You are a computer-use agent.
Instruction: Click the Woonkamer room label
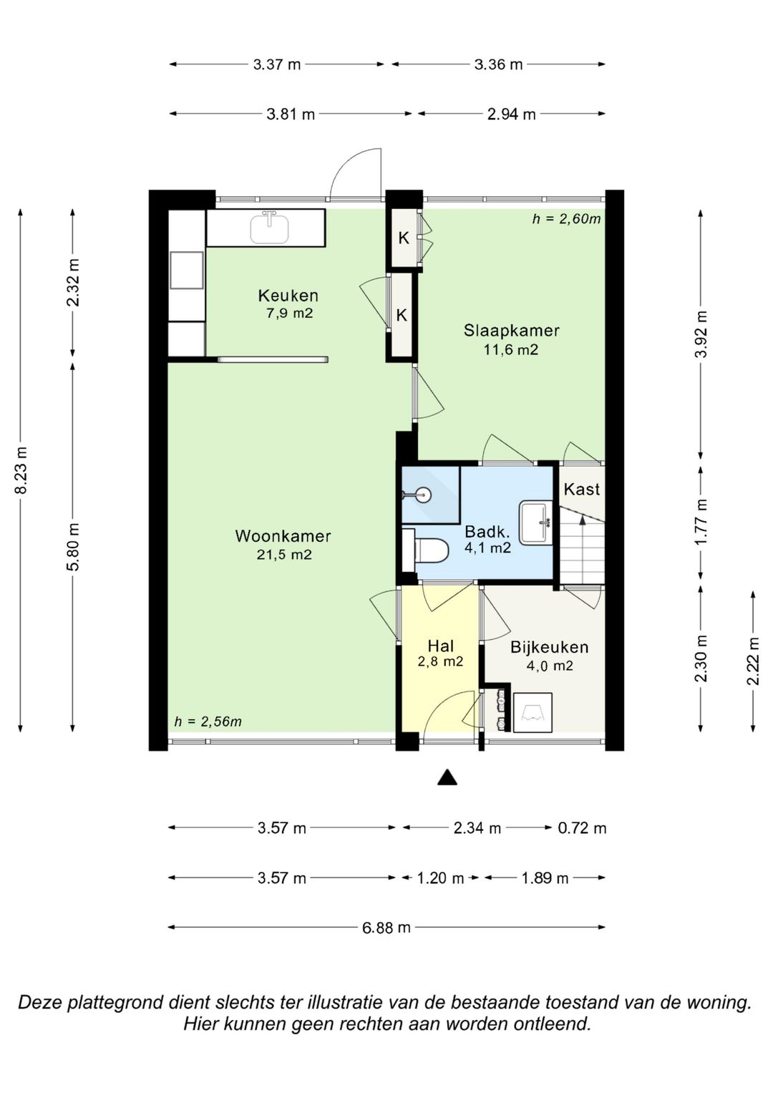point(283,536)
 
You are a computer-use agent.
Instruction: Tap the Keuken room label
point(288,296)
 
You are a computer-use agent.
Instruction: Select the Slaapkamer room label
point(512,331)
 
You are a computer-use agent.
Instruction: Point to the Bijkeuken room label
point(550,648)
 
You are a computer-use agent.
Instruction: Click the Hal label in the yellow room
point(441,646)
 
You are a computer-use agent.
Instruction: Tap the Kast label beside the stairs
point(582,489)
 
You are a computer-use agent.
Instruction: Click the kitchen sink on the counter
point(269,228)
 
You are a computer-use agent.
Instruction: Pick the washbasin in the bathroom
point(535,523)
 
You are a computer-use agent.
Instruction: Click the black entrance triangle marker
point(447,777)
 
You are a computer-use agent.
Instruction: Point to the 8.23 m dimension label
point(21,470)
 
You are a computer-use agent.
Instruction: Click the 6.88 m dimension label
point(386,928)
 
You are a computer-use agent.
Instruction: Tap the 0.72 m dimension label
point(582,828)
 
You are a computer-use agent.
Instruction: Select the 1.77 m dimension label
point(701,522)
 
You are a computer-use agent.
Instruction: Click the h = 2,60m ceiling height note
point(566,219)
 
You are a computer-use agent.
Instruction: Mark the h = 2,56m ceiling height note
point(208,722)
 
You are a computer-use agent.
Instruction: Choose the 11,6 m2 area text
point(511,350)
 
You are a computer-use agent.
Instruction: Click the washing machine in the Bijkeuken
point(533,712)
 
